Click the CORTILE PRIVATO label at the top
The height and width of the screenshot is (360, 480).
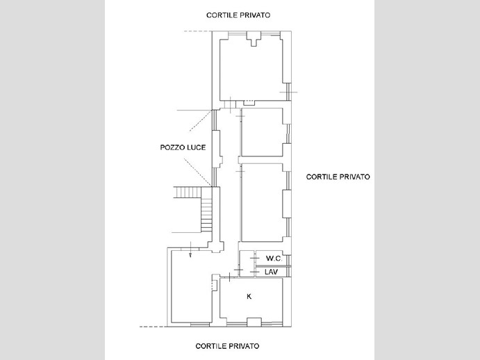tap(238, 15)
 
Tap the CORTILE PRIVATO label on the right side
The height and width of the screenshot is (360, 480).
tap(338, 177)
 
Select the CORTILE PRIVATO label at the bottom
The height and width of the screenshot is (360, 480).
tap(227, 346)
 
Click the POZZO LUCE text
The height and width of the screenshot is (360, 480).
tap(183, 147)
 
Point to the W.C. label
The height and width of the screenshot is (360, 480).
tap(274, 259)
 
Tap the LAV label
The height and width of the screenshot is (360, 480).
tap(271, 272)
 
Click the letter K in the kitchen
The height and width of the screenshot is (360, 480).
tap(249, 296)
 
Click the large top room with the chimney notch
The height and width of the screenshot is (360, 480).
tap(251, 69)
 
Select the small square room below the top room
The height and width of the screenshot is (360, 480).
tap(262, 132)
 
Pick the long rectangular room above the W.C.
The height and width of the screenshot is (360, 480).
tap(262, 202)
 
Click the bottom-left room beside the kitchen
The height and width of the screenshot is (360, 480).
tap(191, 286)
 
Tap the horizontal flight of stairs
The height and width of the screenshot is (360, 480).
tap(188, 193)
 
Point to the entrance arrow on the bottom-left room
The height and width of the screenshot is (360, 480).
tap(190, 249)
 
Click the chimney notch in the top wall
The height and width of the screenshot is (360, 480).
tap(254, 39)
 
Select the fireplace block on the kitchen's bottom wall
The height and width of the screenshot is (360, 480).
tap(254, 322)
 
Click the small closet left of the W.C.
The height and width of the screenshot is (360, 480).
tap(247, 263)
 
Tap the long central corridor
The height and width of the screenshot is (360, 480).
tap(229, 184)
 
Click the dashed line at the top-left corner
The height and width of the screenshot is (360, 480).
tap(198, 31)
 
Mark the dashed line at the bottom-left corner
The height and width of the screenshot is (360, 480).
tap(153, 327)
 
